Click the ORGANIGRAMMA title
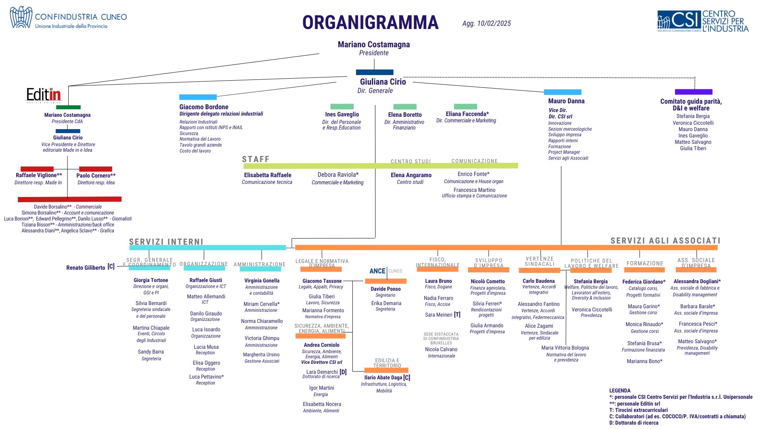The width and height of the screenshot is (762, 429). [x=370, y=23]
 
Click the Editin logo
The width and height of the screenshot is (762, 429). [x=44, y=95]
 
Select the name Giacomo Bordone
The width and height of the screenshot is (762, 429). [x=204, y=107]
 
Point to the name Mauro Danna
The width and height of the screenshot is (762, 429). [x=566, y=101]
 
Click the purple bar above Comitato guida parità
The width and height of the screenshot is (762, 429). [x=693, y=92]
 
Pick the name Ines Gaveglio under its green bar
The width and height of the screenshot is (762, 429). [x=342, y=114]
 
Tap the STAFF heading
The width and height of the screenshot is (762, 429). [x=256, y=159]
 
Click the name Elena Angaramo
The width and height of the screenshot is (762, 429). [x=411, y=175]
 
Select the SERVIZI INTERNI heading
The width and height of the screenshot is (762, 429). [x=166, y=242]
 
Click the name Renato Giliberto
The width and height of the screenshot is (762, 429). [x=86, y=268]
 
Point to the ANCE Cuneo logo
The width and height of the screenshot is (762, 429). [x=385, y=271]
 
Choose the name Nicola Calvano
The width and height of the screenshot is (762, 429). [x=441, y=350]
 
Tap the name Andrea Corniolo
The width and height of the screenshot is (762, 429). [x=321, y=345]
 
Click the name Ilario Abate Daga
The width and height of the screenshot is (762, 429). [x=383, y=378]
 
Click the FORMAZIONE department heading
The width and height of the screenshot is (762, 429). [x=645, y=263]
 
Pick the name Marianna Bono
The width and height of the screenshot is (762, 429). [x=644, y=361]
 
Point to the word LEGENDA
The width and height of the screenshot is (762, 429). [x=620, y=391]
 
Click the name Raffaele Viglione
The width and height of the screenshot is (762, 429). [x=38, y=176]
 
